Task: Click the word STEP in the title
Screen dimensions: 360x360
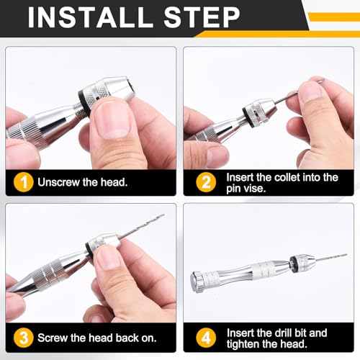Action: pos(202,17)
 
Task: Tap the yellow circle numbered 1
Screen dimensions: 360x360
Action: pos(23,182)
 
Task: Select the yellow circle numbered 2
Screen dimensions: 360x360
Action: pos(206,182)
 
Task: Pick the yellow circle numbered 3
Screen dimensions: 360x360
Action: pos(23,338)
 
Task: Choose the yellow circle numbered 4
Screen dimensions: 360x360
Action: pos(206,338)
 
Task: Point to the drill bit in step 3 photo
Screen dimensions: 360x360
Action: pos(142,226)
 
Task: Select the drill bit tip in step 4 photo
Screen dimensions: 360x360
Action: pos(346,254)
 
